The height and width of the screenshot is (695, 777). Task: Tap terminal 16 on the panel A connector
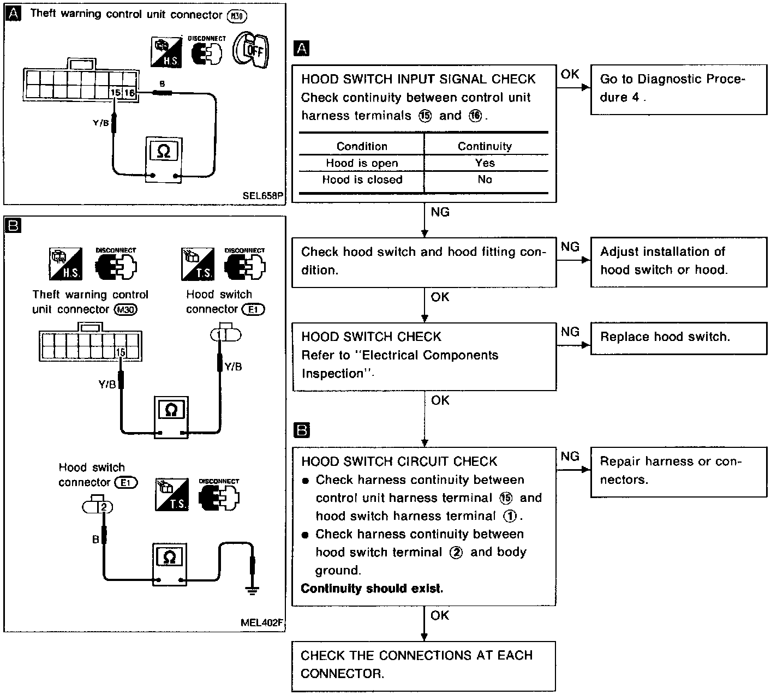coord(129,93)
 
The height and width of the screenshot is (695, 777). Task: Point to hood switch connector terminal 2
coord(103,507)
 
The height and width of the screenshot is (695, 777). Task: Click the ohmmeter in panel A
coord(164,158)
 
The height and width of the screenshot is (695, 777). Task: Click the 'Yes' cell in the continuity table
coord(485,163)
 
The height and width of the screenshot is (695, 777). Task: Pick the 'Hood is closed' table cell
coord(362,180)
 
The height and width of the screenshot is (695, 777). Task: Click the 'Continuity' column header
coord(485,146)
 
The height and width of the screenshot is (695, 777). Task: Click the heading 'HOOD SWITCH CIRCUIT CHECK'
coord(399,462)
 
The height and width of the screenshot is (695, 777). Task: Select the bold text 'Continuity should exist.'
coord(372,589)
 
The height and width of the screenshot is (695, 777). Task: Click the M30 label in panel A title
coord(236,16)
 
